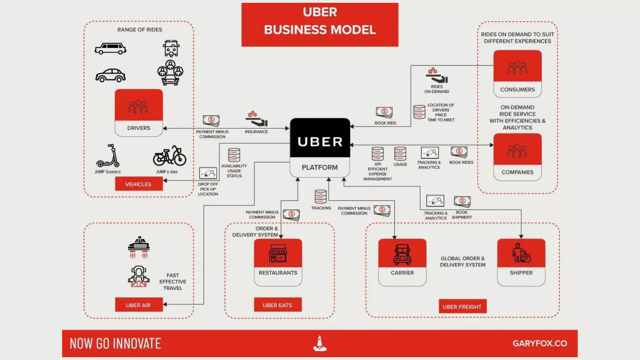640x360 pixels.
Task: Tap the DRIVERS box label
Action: pos(138,128)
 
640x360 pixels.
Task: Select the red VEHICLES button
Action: pos(138,184)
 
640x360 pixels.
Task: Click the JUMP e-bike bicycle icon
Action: pos(169,156)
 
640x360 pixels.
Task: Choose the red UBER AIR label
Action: pos(138,305)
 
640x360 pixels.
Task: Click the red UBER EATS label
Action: pos(277,305)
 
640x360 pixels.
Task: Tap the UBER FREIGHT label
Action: pos(462,307)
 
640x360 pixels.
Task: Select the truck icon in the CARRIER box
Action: pos(402,254)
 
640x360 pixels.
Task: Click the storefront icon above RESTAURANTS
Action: pos(278,253)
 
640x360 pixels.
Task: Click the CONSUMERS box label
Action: pos(517,89)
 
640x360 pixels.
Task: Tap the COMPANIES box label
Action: pos(517,172)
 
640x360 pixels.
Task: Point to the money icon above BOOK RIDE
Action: pos(384,112)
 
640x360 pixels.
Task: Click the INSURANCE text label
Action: pos(256,132)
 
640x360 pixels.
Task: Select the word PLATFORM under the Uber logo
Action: pos(320,167)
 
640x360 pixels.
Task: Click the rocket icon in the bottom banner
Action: pos(320,343)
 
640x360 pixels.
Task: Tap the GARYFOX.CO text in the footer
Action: pos(540,343)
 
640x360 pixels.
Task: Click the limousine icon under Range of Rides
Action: pos(111,48)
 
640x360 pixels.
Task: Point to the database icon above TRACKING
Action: pos(321,197)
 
